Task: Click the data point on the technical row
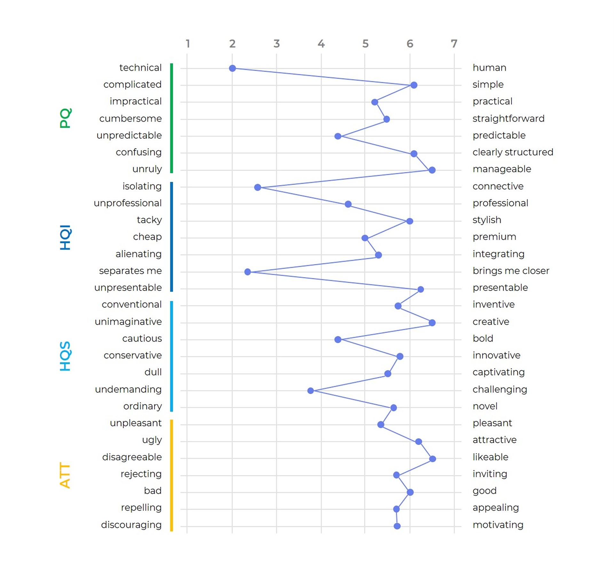232,68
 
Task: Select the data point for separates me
248,272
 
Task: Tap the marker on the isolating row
257,187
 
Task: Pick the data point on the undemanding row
311,391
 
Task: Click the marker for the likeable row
432,459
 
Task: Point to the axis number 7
454,44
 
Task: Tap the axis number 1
188,44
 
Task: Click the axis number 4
321,44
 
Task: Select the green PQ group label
66,118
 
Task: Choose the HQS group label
65,356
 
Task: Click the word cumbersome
130,118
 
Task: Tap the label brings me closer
511,271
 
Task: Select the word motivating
498,525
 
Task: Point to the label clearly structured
513,152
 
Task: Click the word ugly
152,440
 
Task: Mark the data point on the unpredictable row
338,136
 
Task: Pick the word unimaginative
128,321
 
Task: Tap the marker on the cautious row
338,339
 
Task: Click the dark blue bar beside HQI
172,237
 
